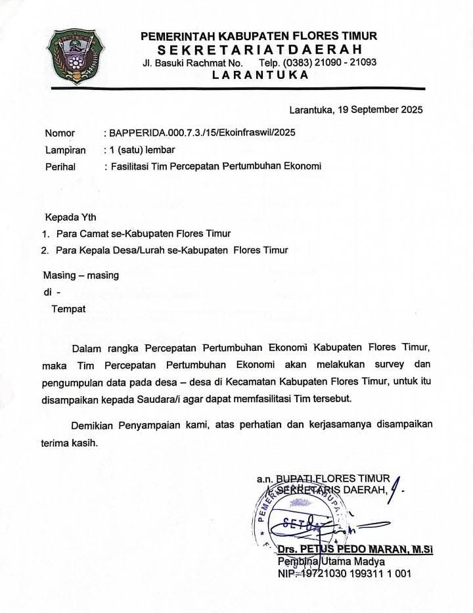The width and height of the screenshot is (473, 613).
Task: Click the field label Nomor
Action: point(60,133)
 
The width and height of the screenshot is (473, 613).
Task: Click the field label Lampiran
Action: point(65,150)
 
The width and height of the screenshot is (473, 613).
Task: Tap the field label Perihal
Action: point(60,167)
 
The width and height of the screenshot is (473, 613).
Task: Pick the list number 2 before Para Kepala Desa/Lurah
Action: point(45,250)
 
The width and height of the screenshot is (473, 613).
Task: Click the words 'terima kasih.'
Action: point(70,442)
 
